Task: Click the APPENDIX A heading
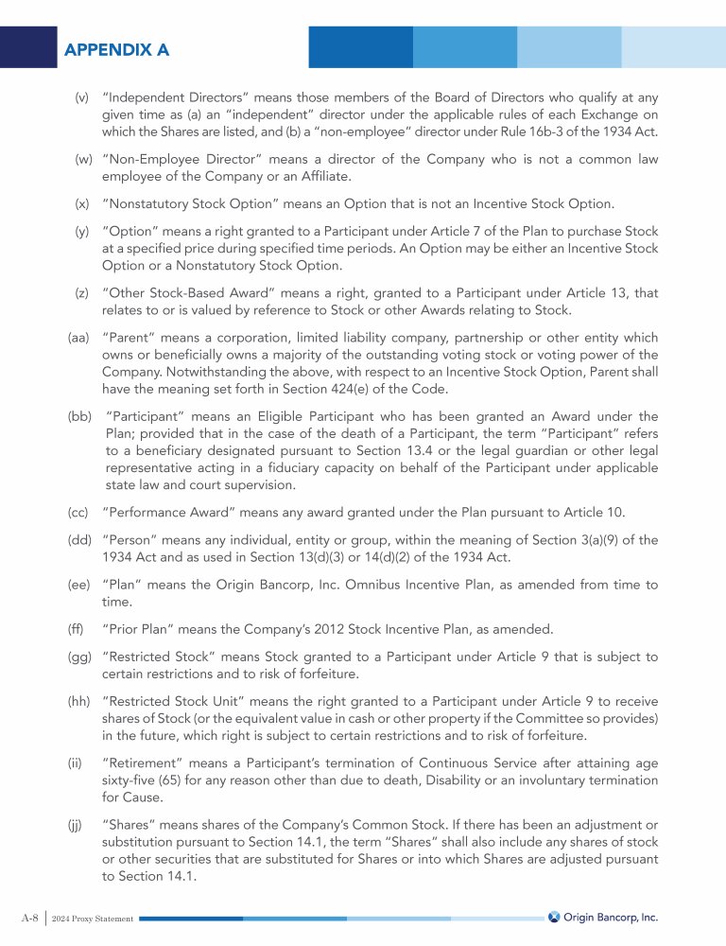(x=117, y=50)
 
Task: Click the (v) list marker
(x=82, y=97)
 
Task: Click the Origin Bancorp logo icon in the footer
(x=554, y=917)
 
